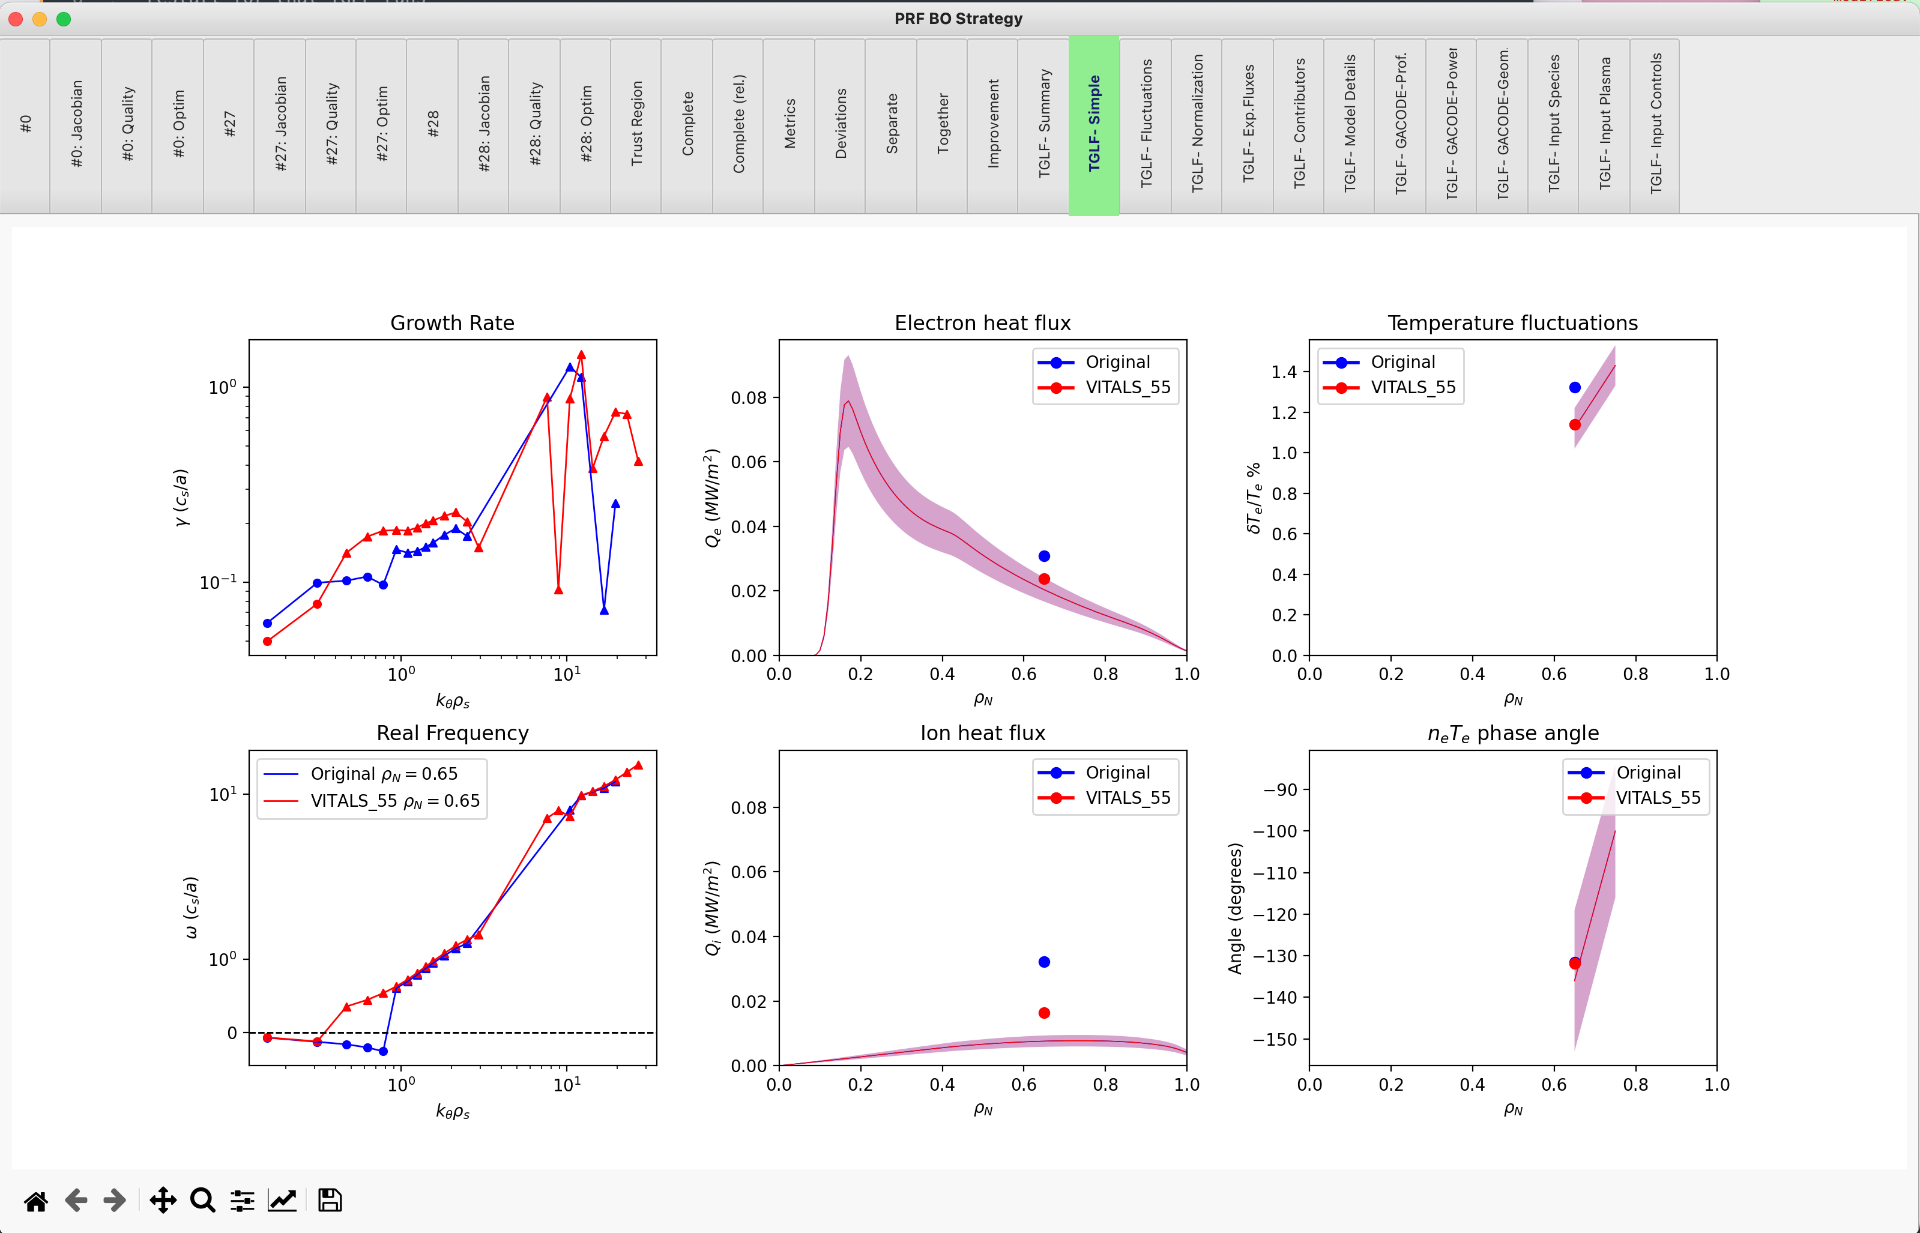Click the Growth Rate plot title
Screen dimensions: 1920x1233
point(452,323)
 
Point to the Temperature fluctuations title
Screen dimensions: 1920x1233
point(1512,323)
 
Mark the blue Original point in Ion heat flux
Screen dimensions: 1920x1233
point(1044,962)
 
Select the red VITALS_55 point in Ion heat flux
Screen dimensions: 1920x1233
point(1044,1013)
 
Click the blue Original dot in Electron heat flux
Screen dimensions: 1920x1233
point(1044,556)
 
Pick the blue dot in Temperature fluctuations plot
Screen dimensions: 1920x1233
point(1575,388)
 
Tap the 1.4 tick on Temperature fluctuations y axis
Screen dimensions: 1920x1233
point(1284,372)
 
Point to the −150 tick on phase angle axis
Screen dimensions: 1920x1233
point(1275,1039)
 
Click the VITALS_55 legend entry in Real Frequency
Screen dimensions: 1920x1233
point(372,801)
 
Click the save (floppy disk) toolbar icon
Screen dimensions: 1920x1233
point(330,1200)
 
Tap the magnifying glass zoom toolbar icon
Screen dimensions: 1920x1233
point(202,1200)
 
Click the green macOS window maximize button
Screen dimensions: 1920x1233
point(64,19)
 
